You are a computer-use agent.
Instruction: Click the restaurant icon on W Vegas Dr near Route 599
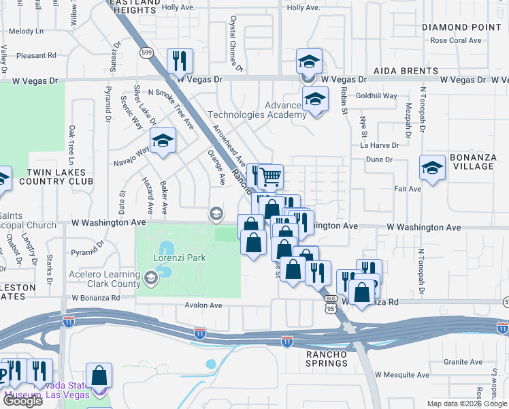[x=180, y=61]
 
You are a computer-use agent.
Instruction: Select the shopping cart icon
[x=271, y=177]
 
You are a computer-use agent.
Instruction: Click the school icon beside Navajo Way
[x=163, y=141]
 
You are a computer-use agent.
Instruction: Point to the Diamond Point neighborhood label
[x=461, y=27]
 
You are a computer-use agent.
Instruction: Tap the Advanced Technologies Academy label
[x=256, y=110]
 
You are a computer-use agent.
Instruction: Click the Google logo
[x=22, y=401]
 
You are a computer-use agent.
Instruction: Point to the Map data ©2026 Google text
[x=467, y=404]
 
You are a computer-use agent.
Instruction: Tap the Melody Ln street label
[x=26, y=31]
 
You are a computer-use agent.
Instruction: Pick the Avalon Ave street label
[x=204, y=306]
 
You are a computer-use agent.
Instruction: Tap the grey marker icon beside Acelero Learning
[x=150, y=278]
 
